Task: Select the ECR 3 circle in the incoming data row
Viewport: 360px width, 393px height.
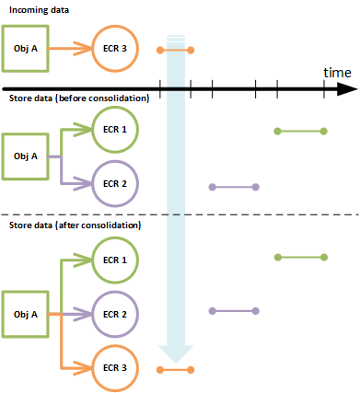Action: pyautogui.click(x=116, y=49)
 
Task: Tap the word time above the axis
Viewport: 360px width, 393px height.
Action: pyautogui.click(x=337, y=72)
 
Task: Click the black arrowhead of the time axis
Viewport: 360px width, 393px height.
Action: pyautogui.click(x=347, y=89)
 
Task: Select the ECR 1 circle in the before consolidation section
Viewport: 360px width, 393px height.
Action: pyautogui.click(x=116, y=131)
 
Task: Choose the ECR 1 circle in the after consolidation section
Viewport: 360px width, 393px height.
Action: pyautogui.click(x=116, y=259)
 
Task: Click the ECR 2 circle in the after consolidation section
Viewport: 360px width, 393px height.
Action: pyautogui.click(x=116, y=314)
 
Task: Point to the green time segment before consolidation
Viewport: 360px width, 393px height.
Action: pyautogui.click(x=301, y=131)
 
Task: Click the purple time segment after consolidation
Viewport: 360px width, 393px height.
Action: pyautogui.click(x=234, y=310)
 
